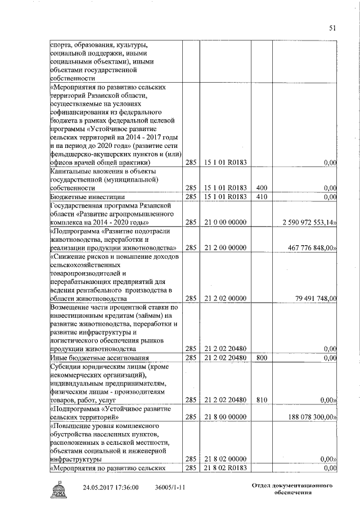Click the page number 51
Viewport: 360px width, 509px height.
pos(332,29)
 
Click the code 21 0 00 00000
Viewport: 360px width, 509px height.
pos(225,223)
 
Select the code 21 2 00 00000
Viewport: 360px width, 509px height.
pos(225,247)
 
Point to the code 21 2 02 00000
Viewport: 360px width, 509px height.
pos(225,298)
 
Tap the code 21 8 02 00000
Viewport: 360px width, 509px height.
pos(225,459)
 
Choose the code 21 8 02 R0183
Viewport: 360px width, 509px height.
pos(225,468)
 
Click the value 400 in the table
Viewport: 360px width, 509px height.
pos(261,188)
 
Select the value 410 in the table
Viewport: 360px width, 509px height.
pos(261,197)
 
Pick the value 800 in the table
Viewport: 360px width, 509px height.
pos(261,358)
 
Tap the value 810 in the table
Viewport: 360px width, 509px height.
pos(261,400)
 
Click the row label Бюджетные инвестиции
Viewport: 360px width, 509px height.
pos(87,197)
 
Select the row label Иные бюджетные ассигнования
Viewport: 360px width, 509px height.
pos(100,358)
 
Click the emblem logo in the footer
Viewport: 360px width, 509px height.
pos(59,489)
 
